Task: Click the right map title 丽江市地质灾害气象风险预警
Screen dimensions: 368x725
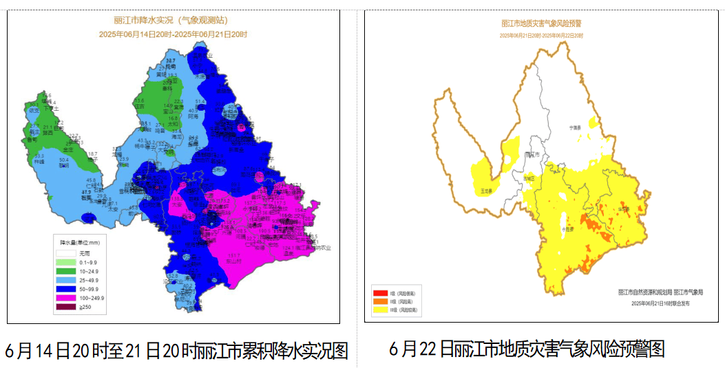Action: coord(540,23)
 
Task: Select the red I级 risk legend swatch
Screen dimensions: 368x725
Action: coord(381,293)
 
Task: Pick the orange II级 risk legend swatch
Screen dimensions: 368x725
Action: coord(381,302)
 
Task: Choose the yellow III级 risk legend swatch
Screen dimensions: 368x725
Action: coord(381,311)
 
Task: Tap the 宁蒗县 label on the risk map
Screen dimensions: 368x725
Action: coord(576,127)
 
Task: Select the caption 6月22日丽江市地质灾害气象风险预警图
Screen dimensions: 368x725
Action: coord(527,348)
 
